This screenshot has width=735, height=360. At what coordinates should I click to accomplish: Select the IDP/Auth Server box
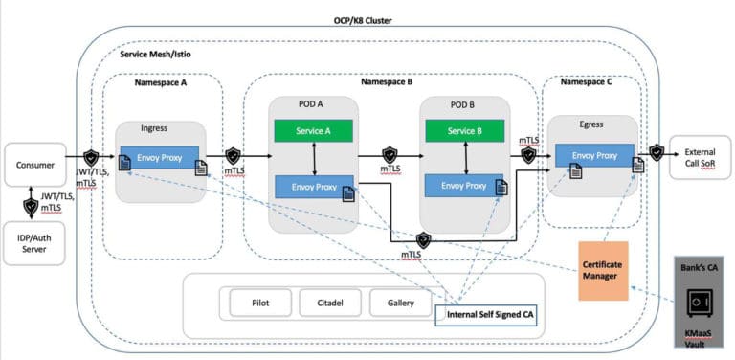[x=34, y=242]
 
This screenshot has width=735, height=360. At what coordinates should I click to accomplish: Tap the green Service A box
[x=314, y=131]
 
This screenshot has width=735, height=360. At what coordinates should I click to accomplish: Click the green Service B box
[x=466, y=131]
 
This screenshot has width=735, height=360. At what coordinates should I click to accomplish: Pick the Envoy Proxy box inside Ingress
[x=159, y=157]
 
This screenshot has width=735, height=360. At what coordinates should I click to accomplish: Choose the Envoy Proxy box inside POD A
[x=314, y=187]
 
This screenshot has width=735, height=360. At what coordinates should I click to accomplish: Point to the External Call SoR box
[x=700, y=157]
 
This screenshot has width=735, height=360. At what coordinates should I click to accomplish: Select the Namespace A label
[x=160, y=84]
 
